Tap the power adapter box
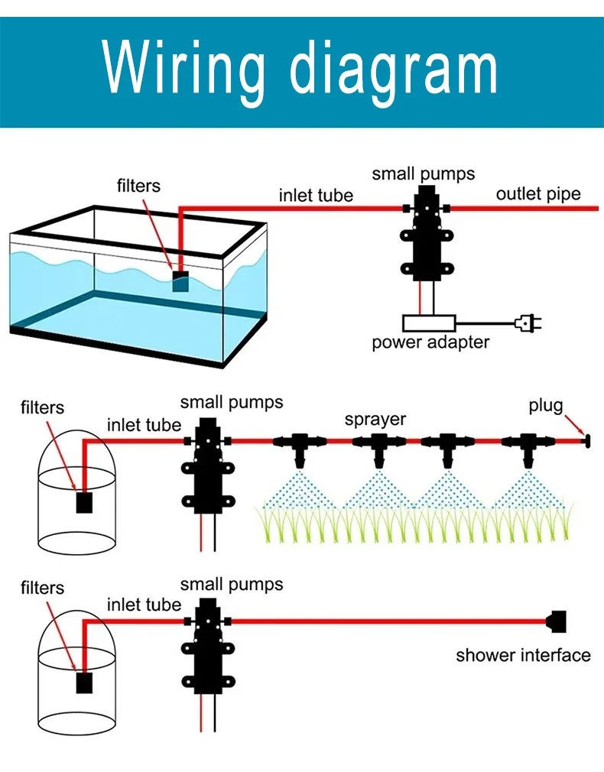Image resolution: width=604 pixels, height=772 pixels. [x=429, y=323]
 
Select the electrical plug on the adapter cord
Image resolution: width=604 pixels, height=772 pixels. [x=528, y=323]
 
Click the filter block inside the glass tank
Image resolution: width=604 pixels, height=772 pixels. [x=180, y=281]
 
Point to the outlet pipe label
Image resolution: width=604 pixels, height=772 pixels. [x=538, y=194]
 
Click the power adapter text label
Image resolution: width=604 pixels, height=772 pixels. [x=430, y=342]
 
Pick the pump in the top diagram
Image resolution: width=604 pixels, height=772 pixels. [x=427, y=234]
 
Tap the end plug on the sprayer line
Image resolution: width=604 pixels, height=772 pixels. [x=586, y=440]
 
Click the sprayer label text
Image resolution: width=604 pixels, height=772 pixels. [x=375, y=420]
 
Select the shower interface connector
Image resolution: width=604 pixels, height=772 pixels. [x=556, y=621]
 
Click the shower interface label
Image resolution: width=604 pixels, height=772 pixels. [x=523, y=655]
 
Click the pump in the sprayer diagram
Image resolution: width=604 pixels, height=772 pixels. [x=208, y=465]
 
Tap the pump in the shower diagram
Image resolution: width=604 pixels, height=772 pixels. [x=208, y=646]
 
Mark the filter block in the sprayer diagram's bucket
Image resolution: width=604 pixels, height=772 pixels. [x=84, y=503]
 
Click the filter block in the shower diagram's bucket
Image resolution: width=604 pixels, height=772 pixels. [x=84, y=683]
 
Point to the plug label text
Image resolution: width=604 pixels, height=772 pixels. [x=546, y=406]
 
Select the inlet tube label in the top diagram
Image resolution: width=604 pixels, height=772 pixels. [x=317, y=196]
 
